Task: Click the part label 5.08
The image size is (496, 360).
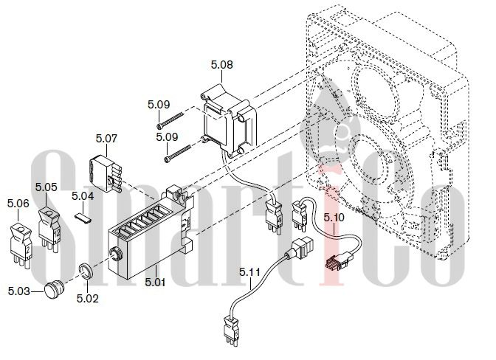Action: (221, 65)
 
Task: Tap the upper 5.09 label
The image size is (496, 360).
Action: (159, 105)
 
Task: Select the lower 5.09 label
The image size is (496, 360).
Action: (167, 137)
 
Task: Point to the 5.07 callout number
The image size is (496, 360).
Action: (106, 139)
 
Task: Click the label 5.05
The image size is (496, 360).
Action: (46, 187)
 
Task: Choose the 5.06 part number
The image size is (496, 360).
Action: (18, 204)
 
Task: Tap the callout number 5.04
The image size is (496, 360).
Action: (83, 196)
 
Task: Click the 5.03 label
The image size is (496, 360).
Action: (19, 291)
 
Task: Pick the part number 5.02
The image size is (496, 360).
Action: (88, 298)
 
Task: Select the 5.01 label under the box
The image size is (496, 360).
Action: (155, 282)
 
